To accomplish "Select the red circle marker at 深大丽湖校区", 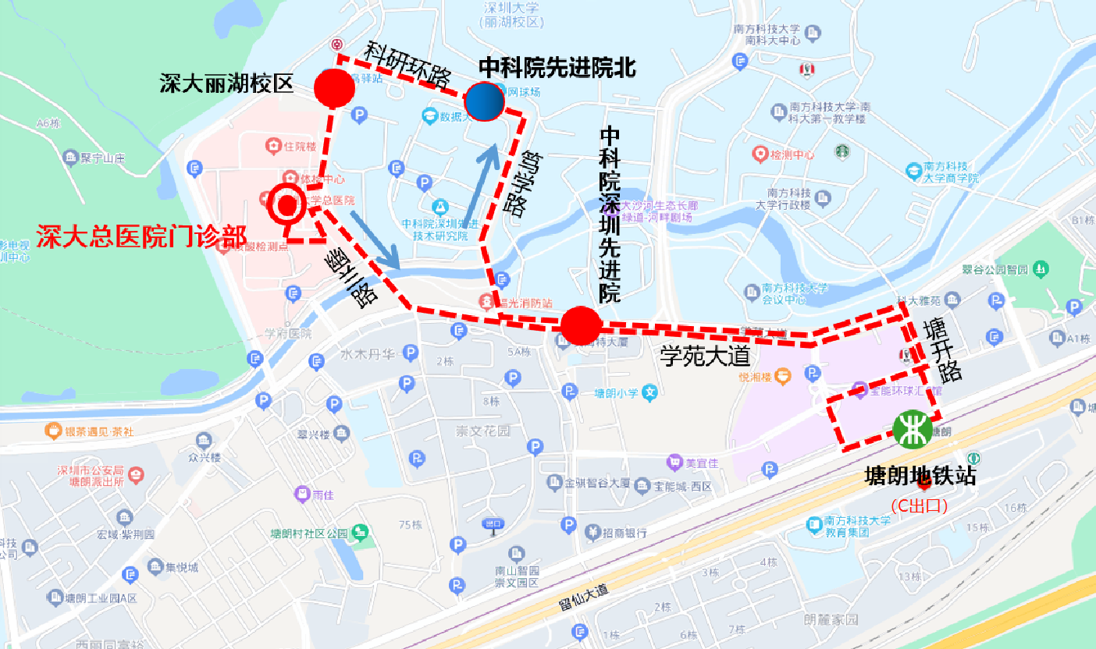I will coord(335,87).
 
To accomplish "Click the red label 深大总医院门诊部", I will coord(141,236).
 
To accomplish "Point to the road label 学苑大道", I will coord(705,357).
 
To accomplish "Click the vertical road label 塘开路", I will coord(940,349).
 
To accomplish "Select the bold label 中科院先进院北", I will coord(557,68).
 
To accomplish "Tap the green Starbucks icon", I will coord(842,151).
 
